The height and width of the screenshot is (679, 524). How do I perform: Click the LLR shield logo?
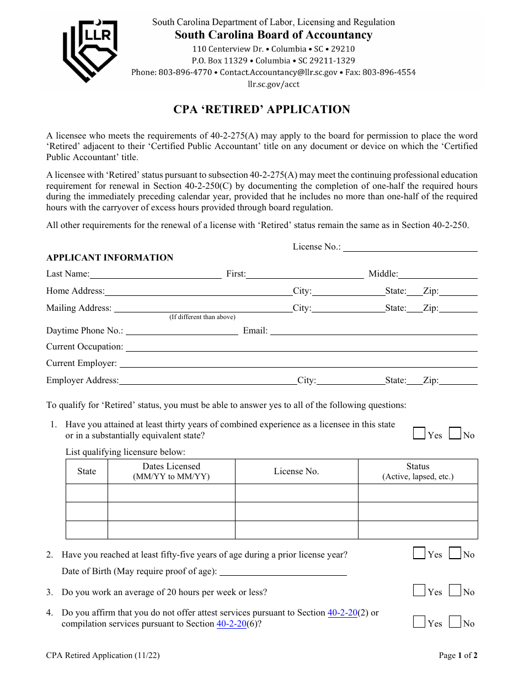[90, 50]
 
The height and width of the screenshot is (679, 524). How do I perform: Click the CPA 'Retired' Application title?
[262, 109]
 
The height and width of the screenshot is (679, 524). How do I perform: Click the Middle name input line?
[437, 274]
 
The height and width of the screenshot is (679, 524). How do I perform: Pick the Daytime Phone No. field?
[181, 331]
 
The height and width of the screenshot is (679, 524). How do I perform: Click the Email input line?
[373, 331]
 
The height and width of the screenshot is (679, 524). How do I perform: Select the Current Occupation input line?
[301, 347]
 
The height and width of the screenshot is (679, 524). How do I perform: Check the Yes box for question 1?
[419, 434]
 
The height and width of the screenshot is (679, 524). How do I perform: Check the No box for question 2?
[455, 553]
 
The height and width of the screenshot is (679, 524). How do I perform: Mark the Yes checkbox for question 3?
[419, 591]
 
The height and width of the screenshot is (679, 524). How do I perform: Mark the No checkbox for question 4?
[455, 622]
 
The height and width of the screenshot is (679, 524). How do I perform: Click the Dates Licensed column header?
[171, 471]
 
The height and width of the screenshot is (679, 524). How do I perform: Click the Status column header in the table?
[418, 471]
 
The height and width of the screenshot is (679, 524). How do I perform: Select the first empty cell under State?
[87, 493]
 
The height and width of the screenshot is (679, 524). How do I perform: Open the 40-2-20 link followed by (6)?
[231, 624]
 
